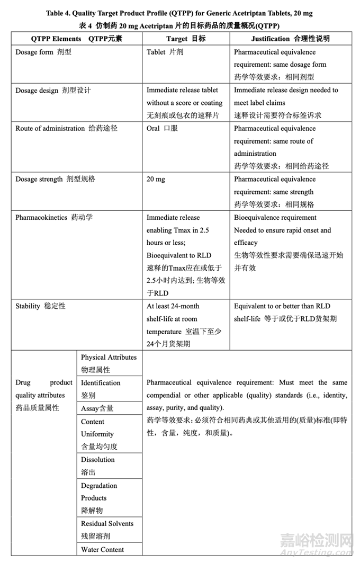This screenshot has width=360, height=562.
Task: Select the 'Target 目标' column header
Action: (x=185, y=39)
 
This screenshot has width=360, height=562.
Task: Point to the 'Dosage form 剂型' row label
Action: (x=43, y=52)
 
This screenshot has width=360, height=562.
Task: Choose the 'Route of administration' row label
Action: (x=50, y=129)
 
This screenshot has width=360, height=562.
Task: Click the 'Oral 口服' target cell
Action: (x=162, y=129)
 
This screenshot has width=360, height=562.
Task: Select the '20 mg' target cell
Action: (x=156, y=180)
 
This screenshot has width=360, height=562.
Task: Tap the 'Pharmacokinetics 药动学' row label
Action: (x=53, y=218)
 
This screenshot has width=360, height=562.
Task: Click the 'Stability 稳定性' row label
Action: (x=40, y=307)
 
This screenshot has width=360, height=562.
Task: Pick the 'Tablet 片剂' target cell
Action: (x=165, y=52)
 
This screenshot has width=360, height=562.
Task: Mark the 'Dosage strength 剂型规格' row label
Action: (x=55, y=180)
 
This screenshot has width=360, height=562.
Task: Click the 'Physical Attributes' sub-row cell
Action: (x=109, y=363)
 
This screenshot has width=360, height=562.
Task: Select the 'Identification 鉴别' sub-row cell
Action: (x=101, y=389)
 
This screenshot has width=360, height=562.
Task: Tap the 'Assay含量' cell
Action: (x=97, y=408)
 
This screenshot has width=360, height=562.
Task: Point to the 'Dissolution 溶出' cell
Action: (x=98, y=466)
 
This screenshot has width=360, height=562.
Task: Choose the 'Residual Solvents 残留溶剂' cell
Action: (x=107, y=530)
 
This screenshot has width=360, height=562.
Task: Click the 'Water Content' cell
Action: (x=103, y=550)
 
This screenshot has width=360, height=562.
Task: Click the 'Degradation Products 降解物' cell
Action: (x=99, y=498)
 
